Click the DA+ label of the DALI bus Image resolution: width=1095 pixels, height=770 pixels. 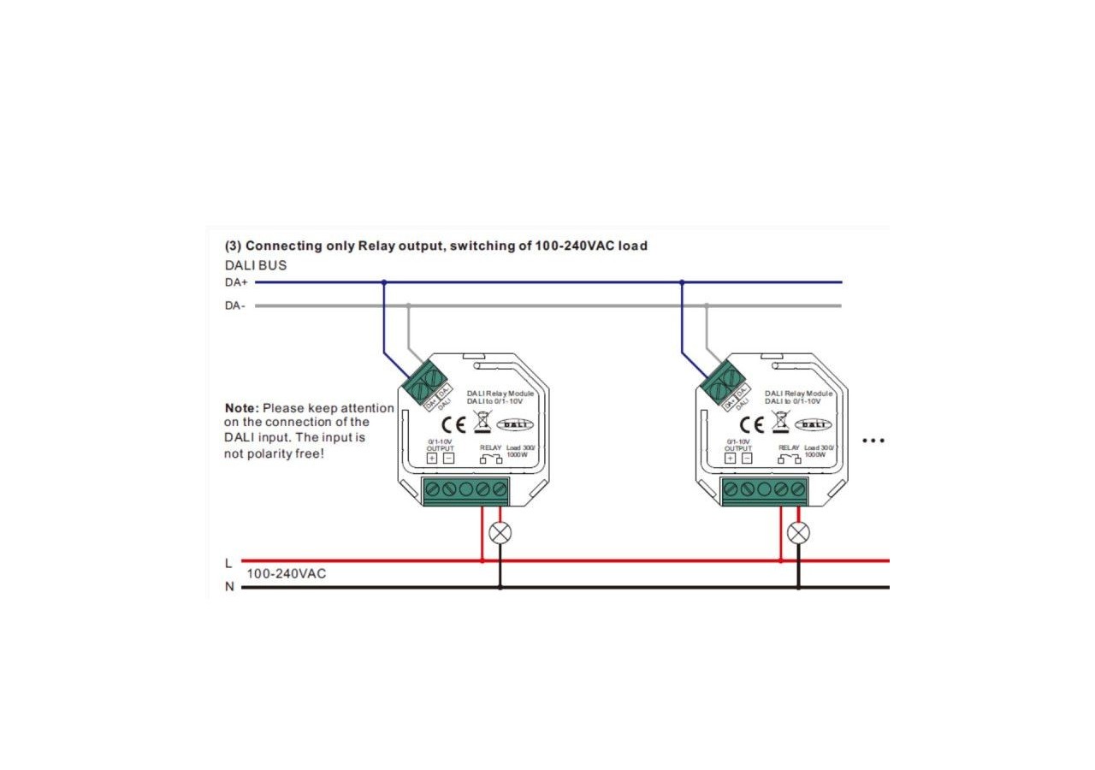[x=235, y=282]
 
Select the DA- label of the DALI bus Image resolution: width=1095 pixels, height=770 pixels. [x=235, y=306]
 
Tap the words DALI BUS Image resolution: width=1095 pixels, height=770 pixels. [x=256, y=265]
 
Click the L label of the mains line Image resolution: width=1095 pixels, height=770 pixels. [x=228, y=563]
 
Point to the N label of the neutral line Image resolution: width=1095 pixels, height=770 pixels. [x=228, y=588]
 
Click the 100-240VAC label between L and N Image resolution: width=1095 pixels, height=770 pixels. [x=287, y=573]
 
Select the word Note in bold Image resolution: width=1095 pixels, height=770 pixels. [x=241, y=408]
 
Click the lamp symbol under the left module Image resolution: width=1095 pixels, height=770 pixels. [x=500, y=533]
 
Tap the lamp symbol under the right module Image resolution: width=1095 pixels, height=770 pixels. [x=798, y=533]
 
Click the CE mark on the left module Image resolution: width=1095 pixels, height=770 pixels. [x=459, y=424]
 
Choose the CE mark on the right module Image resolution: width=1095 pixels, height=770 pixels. [x=756, y=424]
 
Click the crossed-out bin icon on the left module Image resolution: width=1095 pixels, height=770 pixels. [x=481, y=421]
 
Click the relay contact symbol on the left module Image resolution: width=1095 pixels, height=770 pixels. [x=490, y=459]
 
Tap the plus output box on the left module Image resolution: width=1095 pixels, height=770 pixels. [x=432, y=458]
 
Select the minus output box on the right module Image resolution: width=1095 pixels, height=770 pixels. [x=746, y=458]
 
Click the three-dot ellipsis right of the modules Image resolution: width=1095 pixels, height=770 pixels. [x=873, y=441]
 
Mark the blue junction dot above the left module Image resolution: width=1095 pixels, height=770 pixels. [x=384, y=282]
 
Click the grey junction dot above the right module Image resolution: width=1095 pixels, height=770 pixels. [x=707, y=305]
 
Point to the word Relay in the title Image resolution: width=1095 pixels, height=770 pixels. [x=375, y=246]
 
